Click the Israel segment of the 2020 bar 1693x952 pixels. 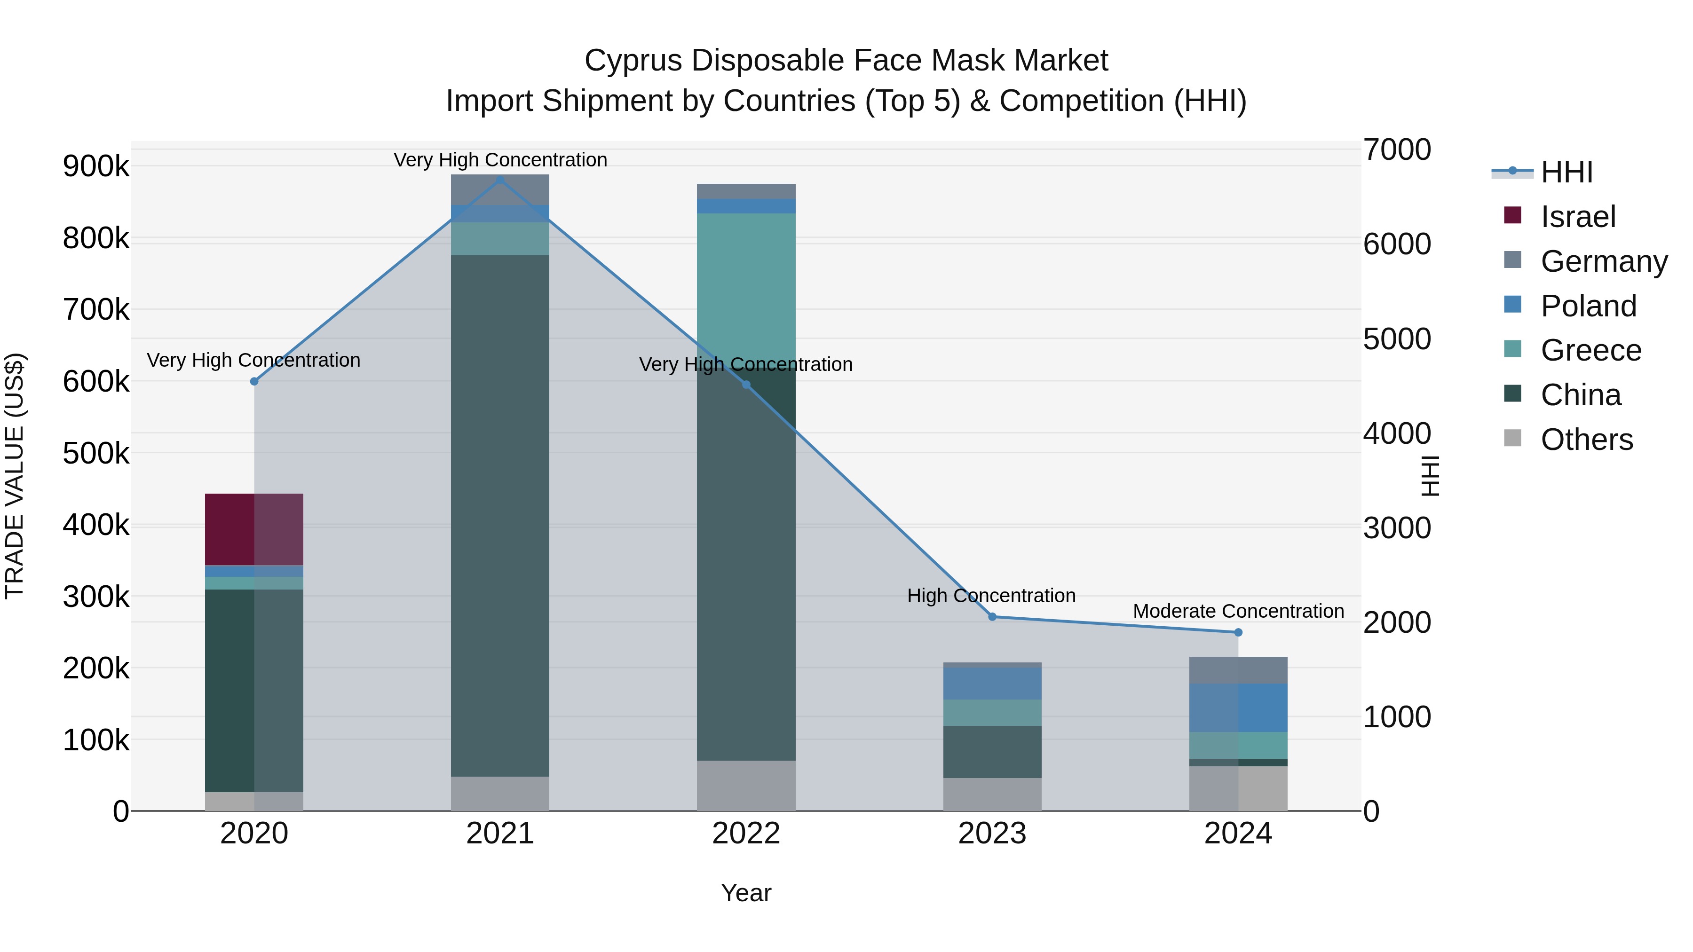point(254,529)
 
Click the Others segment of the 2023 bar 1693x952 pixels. point(992,795)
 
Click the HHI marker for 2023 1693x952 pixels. point(992,617)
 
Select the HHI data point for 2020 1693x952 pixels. point(254,382)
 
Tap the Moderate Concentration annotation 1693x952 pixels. point(1238,611)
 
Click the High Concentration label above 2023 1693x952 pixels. point(991,596)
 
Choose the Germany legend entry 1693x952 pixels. point(1604,261)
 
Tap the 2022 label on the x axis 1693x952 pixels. point(746,834)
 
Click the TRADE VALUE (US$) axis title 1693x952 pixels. point(15,476)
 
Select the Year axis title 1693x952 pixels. point(746,893)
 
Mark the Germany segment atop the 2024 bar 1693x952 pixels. point(1238,670)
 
